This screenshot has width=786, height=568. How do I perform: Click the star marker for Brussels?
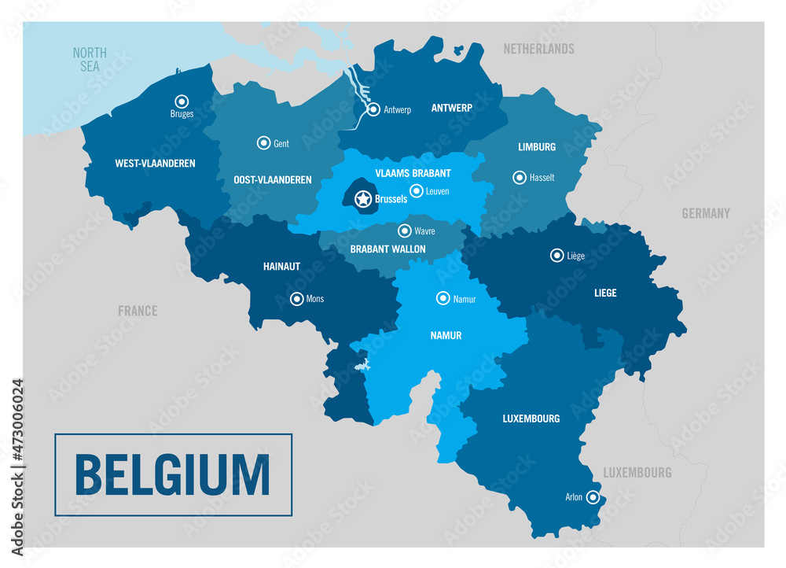[x=363, y=199]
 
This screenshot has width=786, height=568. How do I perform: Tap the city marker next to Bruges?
[x=182, y=101]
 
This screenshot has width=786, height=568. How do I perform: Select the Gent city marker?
[x=263, y=142]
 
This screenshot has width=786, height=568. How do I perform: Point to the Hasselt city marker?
[x=520, y=177]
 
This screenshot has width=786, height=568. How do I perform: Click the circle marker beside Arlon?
[x=593, y=496]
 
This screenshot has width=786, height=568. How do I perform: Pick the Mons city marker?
[x=296, y=298]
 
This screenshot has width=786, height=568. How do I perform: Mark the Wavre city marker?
[x=405, y=231]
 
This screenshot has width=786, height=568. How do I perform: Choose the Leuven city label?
[x=437, y=191]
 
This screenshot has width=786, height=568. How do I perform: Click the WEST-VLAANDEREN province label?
[x=155, y=164]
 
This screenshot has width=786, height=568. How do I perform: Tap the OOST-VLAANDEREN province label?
[x=273, y=180]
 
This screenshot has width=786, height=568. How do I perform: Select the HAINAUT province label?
[x=281, y=267]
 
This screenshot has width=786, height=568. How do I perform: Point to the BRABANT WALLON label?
[x=387, y=249]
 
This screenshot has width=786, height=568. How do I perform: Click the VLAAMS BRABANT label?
[x=413, y=173]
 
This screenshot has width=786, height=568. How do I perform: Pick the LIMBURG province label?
[x=537, y=147]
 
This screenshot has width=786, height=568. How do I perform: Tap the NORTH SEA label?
[x=90, y=60]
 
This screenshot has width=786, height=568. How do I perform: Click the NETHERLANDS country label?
[x=538, y=49]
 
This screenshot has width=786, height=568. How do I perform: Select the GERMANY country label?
[x=706, y=213]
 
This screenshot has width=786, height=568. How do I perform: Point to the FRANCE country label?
[x=138, y=311]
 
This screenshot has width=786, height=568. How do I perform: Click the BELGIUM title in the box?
[x=172, y=474]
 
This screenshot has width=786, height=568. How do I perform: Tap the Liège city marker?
[x=555, y=255]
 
